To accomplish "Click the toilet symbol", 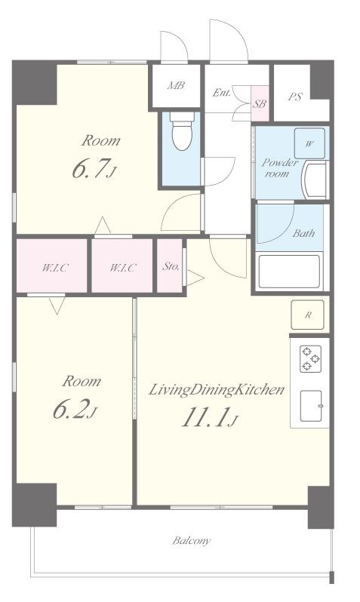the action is [x=182, y=131].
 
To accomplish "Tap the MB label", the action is [x=176, y=85].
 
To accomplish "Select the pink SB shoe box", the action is [x=260, y=103].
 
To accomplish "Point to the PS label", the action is [x=295, y=97].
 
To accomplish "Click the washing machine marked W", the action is [x=309, y=143].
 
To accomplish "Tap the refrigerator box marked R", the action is [x=307, y=315].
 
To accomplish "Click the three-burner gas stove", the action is [x=310, y=358].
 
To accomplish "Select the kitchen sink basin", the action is [x=311, y=406].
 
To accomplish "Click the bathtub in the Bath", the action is [x=289, y=272].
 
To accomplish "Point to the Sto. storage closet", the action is [x=170, y=266].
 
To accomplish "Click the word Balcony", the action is [x=192, y=541].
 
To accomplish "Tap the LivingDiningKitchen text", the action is [x=217, y=390].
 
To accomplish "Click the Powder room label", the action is [x=280, y=167].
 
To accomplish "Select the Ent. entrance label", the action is [x=222, y=92].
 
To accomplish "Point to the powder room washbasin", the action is [x=315, y=180].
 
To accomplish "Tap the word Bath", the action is [x=303, y=233].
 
